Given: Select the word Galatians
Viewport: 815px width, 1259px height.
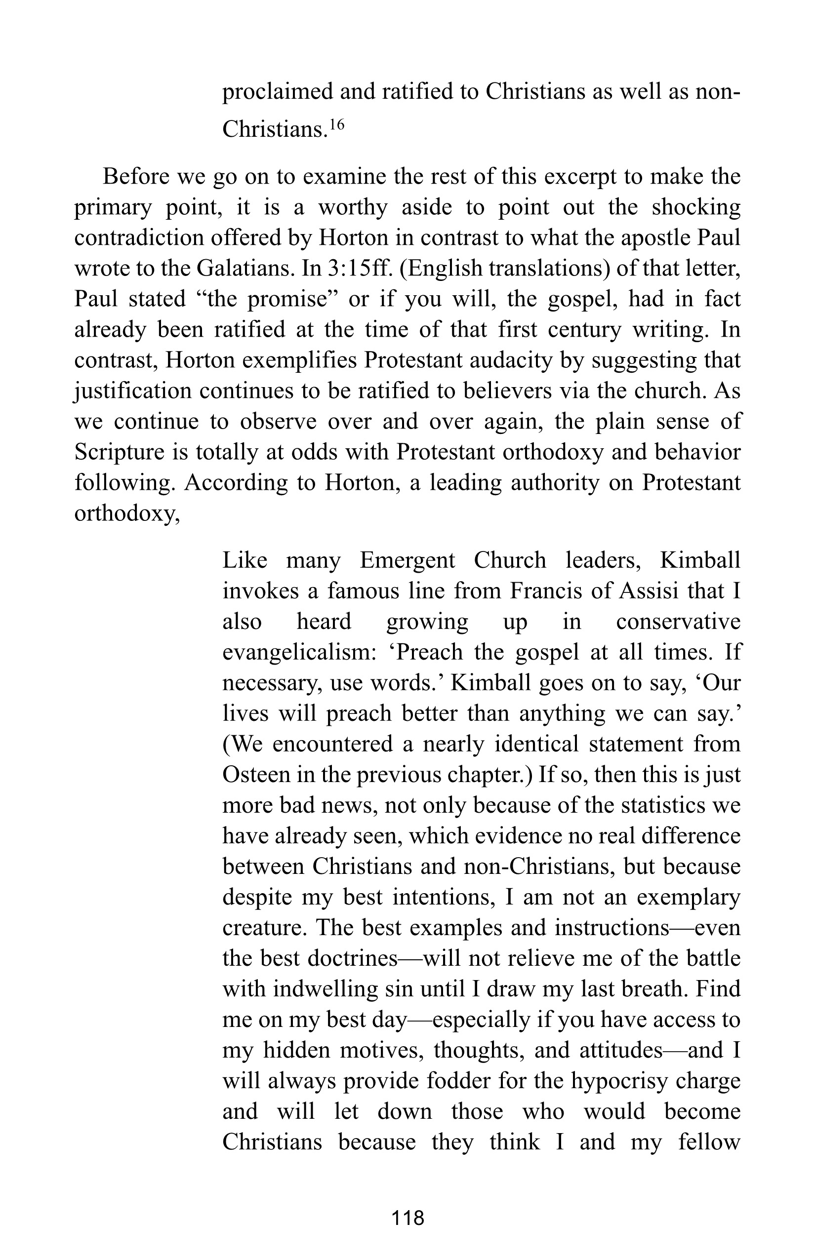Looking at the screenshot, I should coord(246,269).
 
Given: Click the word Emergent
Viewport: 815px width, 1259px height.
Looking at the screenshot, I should coord(407,560).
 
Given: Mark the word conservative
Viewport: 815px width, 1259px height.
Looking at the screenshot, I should coord(678,622).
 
